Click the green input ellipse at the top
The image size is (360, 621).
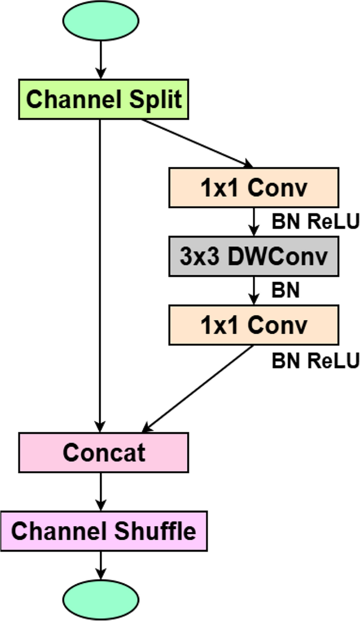click(x=100, y=19)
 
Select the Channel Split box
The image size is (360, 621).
click(x=104, y=99)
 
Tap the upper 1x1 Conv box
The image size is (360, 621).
click(x=253, y=188)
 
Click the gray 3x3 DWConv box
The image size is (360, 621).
click(x=253, y=256)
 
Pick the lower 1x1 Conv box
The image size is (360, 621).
click(x=253, y=325)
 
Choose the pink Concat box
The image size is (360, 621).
click(x=104, y=452)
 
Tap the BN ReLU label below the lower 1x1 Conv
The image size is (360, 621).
click(x=315, y=361)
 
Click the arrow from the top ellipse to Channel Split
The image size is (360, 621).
click(x=100, y=59)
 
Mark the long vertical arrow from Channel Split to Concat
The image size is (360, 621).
click(x=100, y=273)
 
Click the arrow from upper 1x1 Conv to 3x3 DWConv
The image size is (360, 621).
click(x=254, y=221)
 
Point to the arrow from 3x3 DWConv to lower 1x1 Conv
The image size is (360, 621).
click(x=254, y=291)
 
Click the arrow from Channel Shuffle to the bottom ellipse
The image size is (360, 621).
click(x=100, y=565)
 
